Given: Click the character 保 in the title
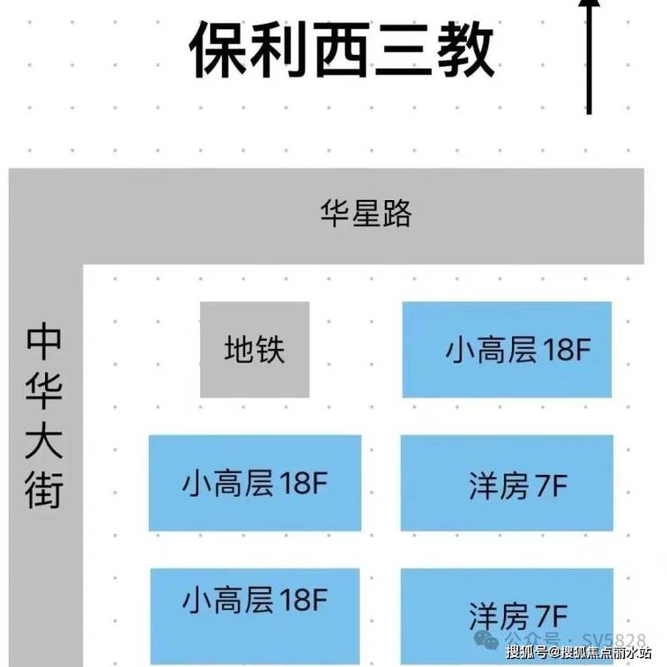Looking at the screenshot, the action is tap(218, 50).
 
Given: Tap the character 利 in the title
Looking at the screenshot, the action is tap(279, 50).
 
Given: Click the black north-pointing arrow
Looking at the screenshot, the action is tap(589, 57).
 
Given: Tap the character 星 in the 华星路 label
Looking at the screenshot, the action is tap(366, 213).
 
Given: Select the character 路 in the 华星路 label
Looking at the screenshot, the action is tap(397, 213).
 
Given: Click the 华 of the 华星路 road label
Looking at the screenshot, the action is tap(335, 213).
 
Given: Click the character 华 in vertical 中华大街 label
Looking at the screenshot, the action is tap(44, 390).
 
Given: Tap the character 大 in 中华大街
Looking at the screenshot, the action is tap(44, 440).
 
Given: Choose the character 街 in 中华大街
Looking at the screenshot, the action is tap(44, 489).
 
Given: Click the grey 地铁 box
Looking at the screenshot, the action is tap(255, 350).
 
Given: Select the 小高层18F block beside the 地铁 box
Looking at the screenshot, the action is tap(507, 350).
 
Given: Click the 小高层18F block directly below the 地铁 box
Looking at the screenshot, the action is tap(255, 483).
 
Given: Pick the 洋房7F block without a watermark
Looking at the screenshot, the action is tap(507, 483).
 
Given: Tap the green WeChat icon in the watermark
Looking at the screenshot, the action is tap(486, 639).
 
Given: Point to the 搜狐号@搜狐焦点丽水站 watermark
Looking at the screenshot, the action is tap(579, 652).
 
